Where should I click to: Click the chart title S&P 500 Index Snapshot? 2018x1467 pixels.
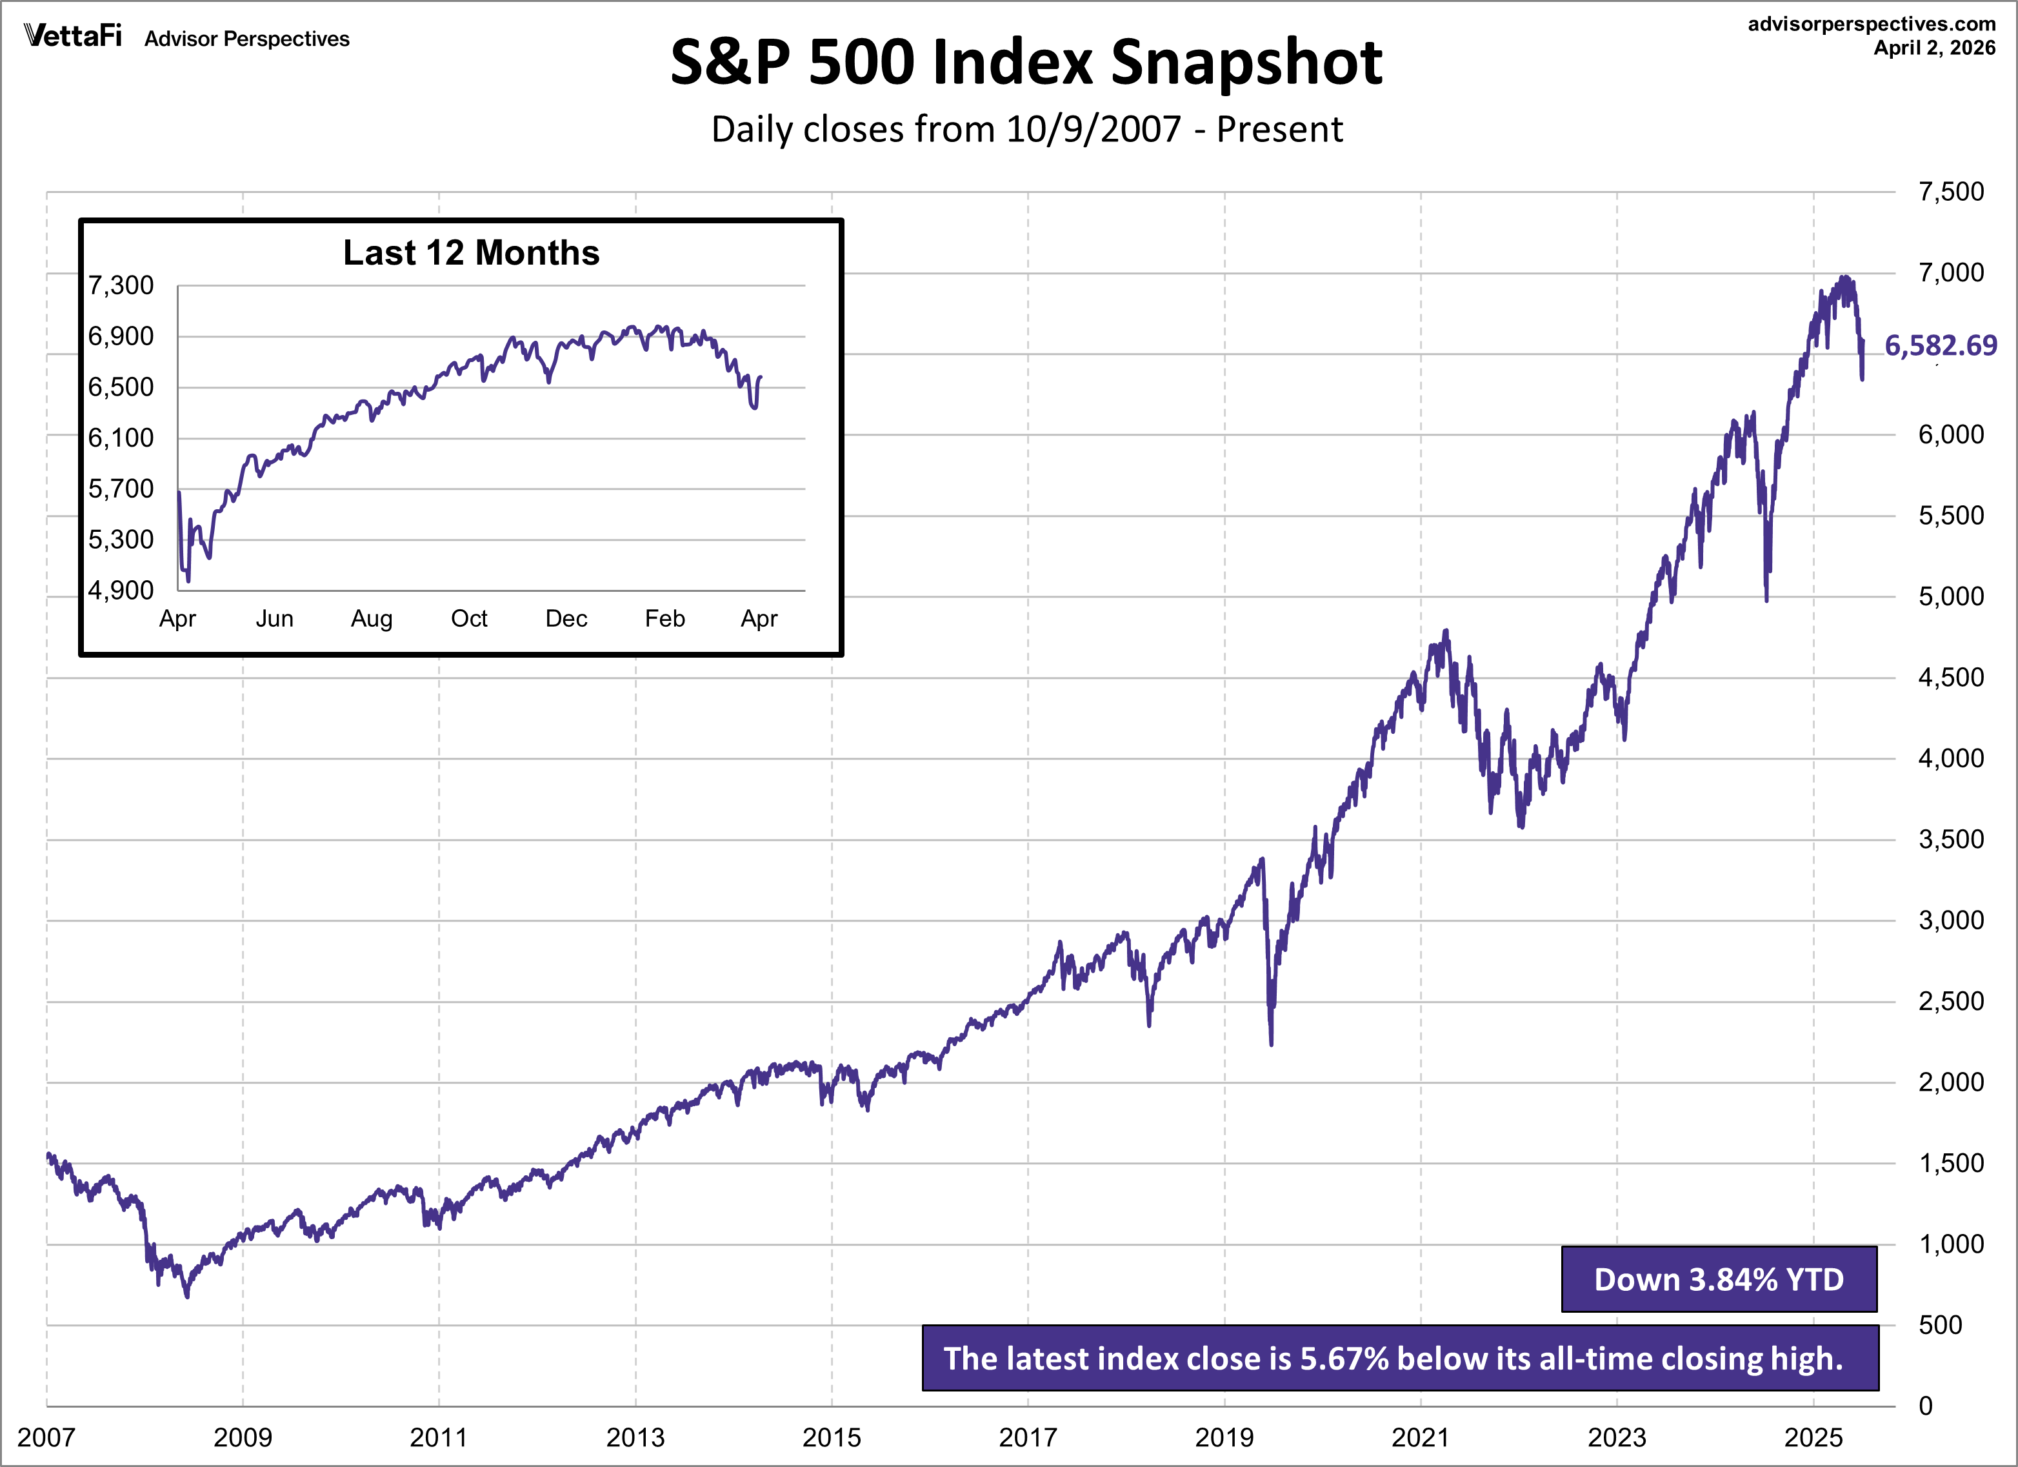(x=1026, y=63)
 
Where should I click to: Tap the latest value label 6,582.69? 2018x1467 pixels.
(x=1940, y=345)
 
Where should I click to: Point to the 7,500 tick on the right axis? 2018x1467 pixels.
(x=1950, y=192)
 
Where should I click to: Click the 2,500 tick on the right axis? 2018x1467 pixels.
(x=1950, y=1002)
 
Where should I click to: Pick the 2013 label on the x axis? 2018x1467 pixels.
(x=635, y=1437)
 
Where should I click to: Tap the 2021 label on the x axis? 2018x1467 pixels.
(x=1420, y=1437)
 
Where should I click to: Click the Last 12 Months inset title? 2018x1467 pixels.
(x=471, y=253)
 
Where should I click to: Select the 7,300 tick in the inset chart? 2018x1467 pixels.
(x=121, y=286)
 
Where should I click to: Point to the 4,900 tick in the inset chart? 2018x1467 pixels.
(x=121, y=590)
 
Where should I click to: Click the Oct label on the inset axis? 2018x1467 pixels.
(x=469, y=619)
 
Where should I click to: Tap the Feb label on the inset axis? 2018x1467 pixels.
(x=664, y=619)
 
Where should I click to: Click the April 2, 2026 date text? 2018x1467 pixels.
(x=1934, y=48)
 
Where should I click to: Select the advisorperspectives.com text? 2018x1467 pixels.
(x=1871, y=24)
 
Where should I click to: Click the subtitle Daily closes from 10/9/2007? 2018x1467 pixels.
(x=1026, y=130)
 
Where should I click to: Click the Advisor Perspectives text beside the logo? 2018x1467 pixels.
(x=246, y=39)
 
